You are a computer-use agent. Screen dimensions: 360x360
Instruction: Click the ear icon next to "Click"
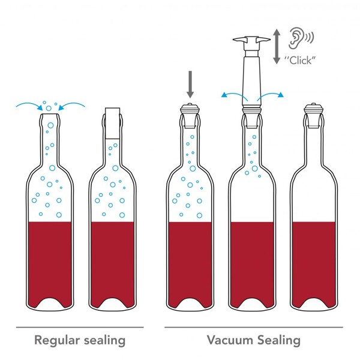(x=301, y=38)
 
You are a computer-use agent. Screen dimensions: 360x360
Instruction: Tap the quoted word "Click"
(x=301, y=61)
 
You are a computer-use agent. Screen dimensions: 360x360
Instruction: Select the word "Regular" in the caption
(x=57, y=341)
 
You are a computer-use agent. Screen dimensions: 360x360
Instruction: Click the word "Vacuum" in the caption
(x=230, y=340)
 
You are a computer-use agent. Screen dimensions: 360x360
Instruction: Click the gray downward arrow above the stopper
(x=190, y=85)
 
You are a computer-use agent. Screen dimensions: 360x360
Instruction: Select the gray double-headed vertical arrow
(x=277, y=46)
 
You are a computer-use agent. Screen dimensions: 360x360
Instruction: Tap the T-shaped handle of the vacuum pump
(x=251, y=40)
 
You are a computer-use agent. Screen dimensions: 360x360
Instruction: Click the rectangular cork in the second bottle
(x=113, y=123)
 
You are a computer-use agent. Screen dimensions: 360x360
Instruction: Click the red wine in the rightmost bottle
(x=314, y=262)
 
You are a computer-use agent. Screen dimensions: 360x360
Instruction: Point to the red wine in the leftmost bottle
(x=50, y=262)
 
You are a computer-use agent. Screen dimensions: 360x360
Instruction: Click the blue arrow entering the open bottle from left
(x=29, y=106)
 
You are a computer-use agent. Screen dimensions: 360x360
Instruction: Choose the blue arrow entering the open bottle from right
(x=72, y=106)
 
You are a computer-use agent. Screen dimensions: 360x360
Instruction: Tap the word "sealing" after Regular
(x=104, y=341)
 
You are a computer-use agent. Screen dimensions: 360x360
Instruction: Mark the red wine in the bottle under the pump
(x=252, y=262)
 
